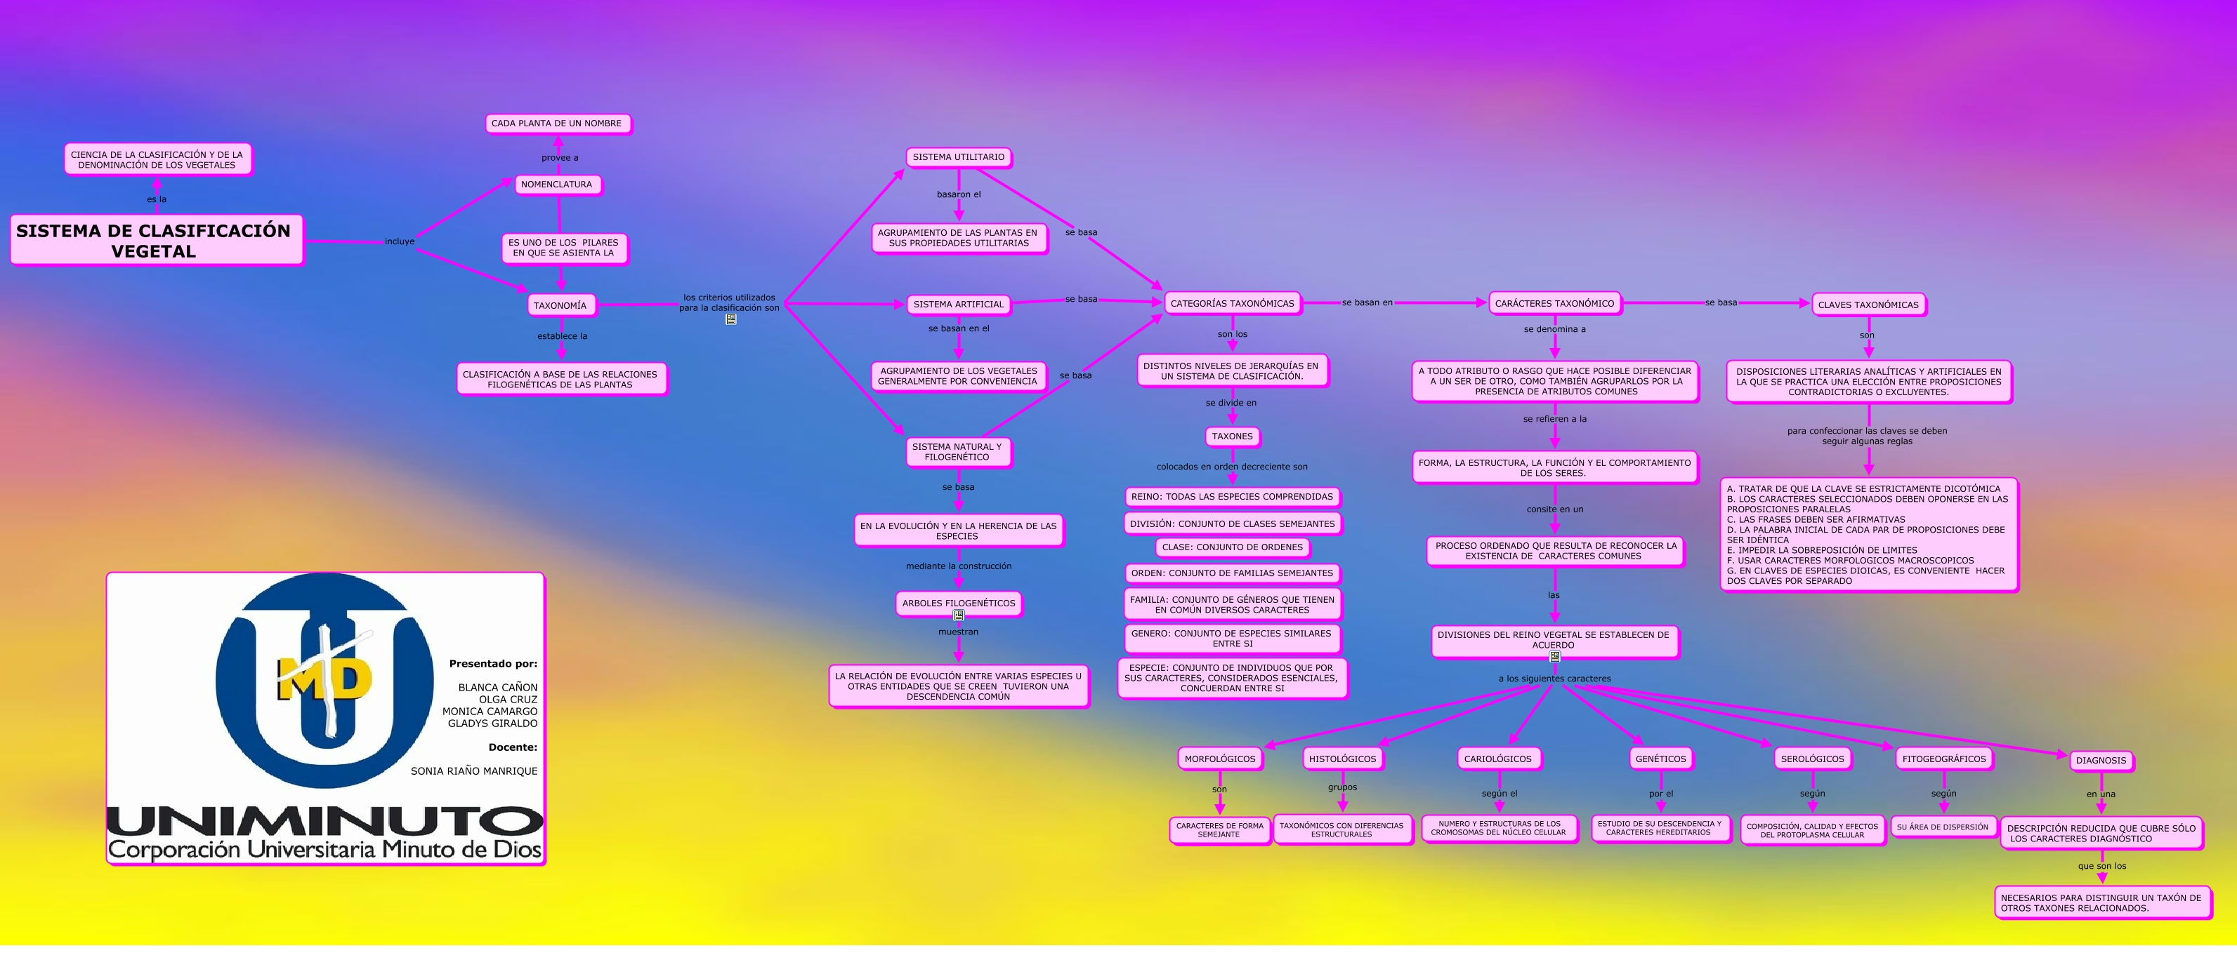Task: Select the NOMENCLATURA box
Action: (557, 185)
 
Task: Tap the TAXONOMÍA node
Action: (560, 305)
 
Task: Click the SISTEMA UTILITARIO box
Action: (958, 157)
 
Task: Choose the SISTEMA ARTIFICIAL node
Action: (958, 305)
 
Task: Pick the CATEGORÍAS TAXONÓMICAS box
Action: (1231, 304)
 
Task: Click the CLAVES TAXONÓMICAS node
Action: (1868, 305)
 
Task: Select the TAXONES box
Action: (1231, 436)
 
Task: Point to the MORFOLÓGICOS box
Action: (1219, 759)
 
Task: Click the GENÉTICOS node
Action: (1660, 759)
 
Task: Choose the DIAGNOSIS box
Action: (2101, 761)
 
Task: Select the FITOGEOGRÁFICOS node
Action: (1943, 759)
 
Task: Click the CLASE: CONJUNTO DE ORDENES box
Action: (1231, 547)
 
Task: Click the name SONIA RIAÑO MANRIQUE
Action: (474, 771)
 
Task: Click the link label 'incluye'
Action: (400, 241)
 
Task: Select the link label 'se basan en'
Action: (1367, 303)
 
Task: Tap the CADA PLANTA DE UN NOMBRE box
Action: (557, 124)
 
